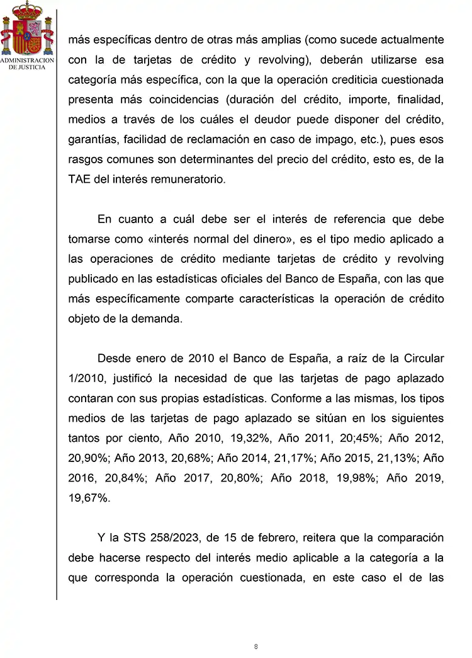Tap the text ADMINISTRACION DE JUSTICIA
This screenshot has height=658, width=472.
tap(27, 64)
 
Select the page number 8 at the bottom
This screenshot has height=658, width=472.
tap(256, 647)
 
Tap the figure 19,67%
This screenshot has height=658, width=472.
tap(89, 498)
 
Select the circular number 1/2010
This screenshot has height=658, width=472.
tap(88, 378)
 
